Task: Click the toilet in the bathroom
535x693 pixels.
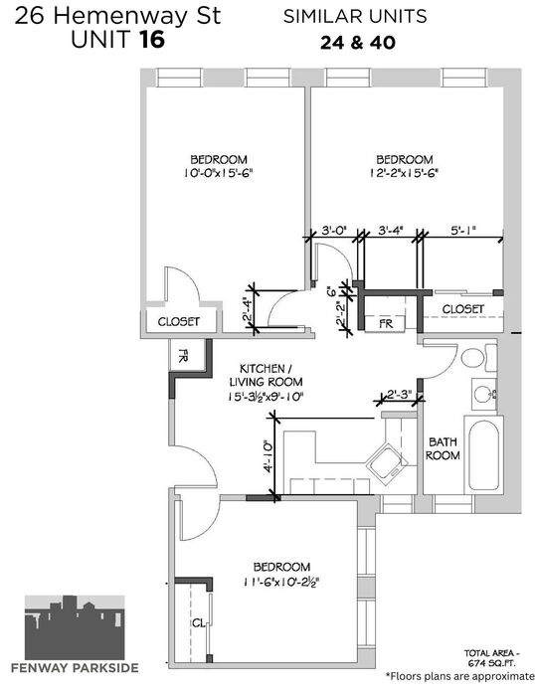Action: tap(478, 357)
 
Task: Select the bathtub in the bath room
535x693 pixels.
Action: tap(483, 455)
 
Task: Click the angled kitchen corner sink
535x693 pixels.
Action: tap(387, 461)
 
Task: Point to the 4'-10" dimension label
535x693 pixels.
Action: tap(268, 455)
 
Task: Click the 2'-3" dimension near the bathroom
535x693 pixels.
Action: tap(399, 394)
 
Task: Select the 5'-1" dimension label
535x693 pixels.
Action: tap(463, 231)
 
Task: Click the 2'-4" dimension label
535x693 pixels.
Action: tap(247, 312)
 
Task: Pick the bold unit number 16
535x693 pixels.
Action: tap(152, 39)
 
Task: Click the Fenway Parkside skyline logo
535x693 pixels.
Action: tap(75, 627)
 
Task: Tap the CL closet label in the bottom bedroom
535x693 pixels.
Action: tap(199, 623)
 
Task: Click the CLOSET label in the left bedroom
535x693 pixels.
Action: tap(179, 322)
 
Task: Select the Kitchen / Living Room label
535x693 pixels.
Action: tap(266, 375)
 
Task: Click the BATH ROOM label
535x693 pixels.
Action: tap(443, 448)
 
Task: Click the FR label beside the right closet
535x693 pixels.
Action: tap(386, 323)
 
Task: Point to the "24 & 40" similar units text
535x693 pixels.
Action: tap(358, 43)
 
